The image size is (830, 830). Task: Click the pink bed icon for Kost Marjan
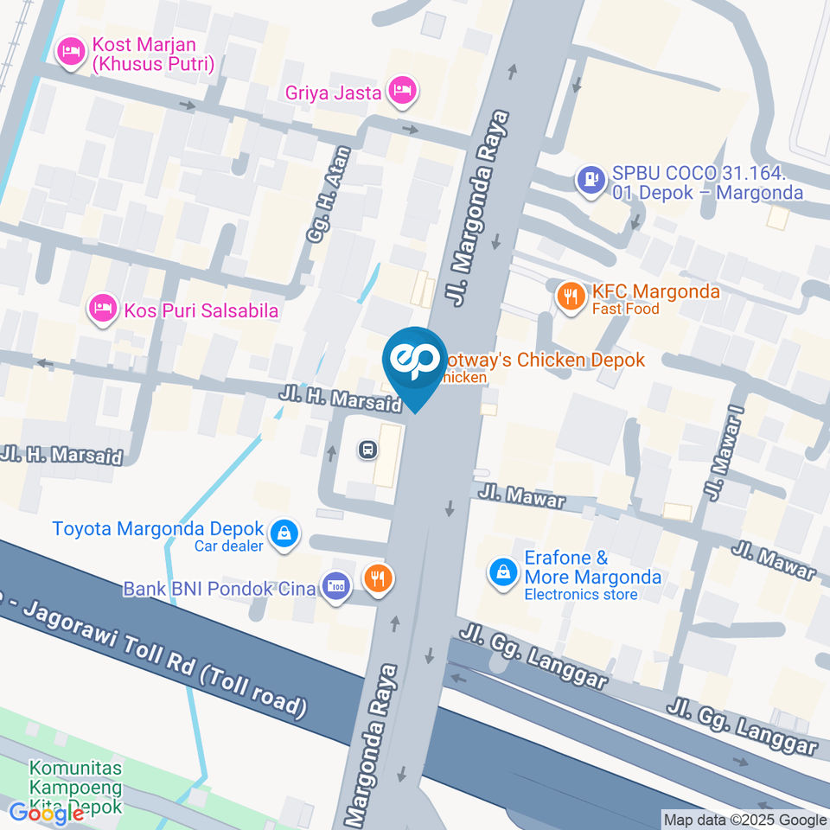(69, 53)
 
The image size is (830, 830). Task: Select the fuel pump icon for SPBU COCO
(591, 181)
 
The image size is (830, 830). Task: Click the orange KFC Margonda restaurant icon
(568, 297)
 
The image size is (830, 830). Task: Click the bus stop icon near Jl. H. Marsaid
(367, 449)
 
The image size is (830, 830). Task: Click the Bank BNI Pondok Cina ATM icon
(335, 587)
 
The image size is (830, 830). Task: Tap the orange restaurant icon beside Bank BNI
(377, 578)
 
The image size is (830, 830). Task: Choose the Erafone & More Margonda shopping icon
(501, 571)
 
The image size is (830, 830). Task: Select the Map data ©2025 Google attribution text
(745, 820)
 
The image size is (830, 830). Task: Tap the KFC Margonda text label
(655, 291)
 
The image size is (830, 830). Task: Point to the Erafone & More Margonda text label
(592, 567)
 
